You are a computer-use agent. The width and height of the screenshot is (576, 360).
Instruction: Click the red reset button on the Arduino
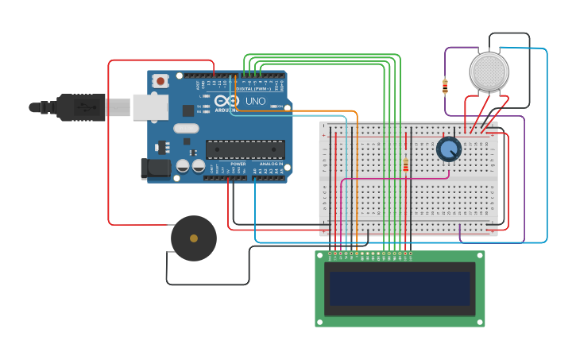tap(161, 80)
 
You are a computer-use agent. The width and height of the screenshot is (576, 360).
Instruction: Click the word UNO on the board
tap(256, 102)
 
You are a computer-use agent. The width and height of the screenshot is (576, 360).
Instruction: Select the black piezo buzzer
tap(193, 238)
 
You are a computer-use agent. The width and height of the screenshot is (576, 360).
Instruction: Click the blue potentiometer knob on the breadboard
tap(449, 149)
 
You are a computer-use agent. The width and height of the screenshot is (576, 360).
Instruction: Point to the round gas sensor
tap(489, 72)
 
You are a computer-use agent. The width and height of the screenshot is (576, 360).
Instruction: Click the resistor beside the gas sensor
tap(445, 86)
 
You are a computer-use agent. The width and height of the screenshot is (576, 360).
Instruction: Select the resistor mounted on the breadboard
tap(406, 164)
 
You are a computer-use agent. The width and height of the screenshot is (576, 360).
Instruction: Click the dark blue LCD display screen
tap(400, 288)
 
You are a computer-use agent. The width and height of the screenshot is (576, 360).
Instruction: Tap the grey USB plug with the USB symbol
tap(79, 106)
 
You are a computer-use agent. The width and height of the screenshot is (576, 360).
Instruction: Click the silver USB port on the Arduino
tap(150, 106)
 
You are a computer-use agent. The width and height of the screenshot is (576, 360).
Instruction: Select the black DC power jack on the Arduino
tap(155, 168)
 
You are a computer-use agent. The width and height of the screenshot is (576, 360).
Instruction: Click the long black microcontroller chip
tap(245, 149)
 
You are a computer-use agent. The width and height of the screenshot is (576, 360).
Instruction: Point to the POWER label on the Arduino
tap(238, 164)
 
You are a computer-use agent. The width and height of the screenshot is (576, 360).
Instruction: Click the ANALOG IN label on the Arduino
tap(269, 164)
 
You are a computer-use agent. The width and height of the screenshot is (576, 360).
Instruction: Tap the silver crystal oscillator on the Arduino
tap(186, 128)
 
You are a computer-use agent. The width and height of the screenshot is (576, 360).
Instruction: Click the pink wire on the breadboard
tap(381, 179)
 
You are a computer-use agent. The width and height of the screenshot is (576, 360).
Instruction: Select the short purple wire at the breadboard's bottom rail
tap(460, 231)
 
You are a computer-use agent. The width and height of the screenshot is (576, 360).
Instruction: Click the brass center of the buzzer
tap(193, 238)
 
